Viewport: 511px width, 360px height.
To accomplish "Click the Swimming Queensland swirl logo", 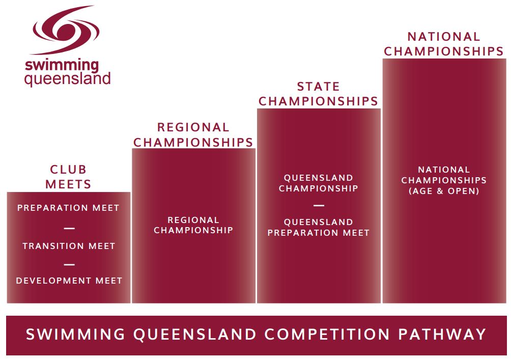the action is [65, 31].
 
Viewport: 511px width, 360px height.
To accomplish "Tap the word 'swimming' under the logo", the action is [62, 65].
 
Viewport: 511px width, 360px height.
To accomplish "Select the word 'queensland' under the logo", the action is [68, 79].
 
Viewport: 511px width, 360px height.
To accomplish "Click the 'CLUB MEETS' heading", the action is [68, 177].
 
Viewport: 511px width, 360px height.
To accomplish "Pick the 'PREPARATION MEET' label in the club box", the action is [68, 208].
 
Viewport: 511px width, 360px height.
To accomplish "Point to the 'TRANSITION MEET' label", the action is [69, 246].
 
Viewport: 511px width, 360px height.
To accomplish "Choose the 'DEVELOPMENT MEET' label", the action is [69, 281].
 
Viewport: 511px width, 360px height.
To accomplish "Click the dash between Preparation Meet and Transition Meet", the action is [69, 228].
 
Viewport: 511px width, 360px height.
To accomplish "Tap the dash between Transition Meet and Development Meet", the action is [69, 264].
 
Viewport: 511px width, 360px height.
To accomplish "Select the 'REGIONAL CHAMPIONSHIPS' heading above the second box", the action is [193, 134].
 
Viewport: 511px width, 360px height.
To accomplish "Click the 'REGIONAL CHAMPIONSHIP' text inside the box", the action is [193, 225].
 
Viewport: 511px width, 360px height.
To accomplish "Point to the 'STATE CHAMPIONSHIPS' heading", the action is [319, 94].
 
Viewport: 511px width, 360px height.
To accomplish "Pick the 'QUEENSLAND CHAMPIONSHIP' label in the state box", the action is [319, 183].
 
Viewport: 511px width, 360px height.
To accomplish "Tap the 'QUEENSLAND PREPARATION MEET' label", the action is [319, 227].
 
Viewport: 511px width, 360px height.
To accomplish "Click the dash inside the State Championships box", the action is [319, 205].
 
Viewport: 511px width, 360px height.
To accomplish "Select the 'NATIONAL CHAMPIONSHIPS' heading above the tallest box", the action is [444, 44].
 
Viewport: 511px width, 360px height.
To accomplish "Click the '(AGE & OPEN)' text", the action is [444, 191].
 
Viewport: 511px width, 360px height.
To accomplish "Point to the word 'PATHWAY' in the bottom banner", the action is [442, 334].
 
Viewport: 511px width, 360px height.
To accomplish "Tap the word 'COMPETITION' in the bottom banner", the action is [327, 334].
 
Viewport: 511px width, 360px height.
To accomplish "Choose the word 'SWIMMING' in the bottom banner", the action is [75, 334].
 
